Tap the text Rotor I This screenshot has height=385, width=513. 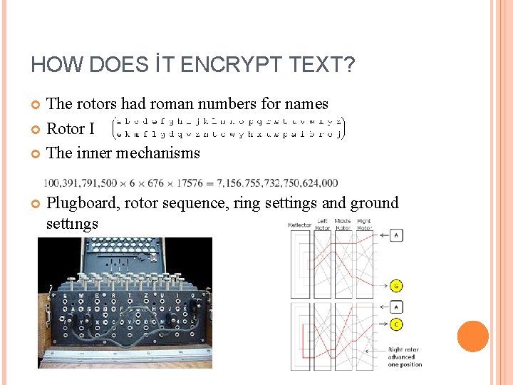(x=70, y=129)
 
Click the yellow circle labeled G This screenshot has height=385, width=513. (x=396, y=286)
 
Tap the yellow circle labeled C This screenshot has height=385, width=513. (x=396, y=324)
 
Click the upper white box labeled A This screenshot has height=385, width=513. (x=396, y=235)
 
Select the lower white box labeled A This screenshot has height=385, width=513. (x=396, y=307)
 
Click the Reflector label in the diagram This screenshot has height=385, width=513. (x=300, y=225)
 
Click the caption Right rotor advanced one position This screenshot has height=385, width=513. (x=405, y=356)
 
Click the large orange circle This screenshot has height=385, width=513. (x=472, y=336)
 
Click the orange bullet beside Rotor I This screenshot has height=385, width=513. (x=37, y=129)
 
